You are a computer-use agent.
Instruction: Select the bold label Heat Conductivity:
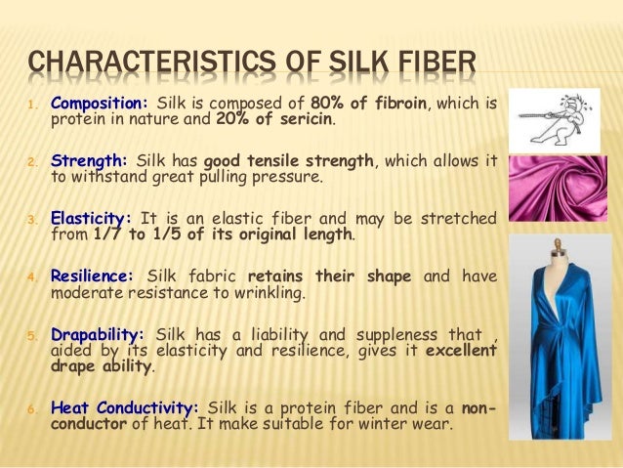(x=124, y=405)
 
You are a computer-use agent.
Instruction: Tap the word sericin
(x=307, y=121)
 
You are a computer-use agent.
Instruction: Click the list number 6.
(x=29, y=407)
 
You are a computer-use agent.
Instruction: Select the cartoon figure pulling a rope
(x=553, y=117)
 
